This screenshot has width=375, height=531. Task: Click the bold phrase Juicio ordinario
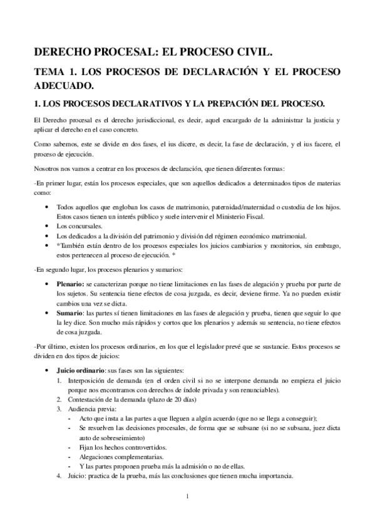[80, 370]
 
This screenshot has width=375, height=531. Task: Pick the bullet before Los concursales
[48, 226]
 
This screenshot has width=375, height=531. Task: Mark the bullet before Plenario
[48, 284]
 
